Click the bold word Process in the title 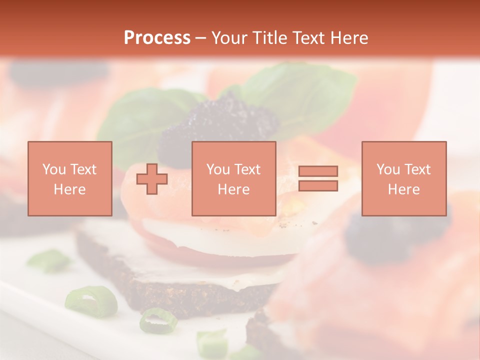(x=157, y=38)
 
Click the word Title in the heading (x=270, y=38)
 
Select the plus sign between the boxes (x=152, y=179)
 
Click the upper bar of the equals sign (x=318, y=171)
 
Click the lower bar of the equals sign (x=318, y=186)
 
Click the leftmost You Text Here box (x=69, y=178)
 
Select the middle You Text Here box (x=233, y=178)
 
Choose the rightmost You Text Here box (x=403, y=178)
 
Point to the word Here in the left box (x=69, y=189)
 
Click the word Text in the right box (x=417, y=169)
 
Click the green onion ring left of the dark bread (x=90, y=301)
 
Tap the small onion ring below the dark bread (x=158, y=320)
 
